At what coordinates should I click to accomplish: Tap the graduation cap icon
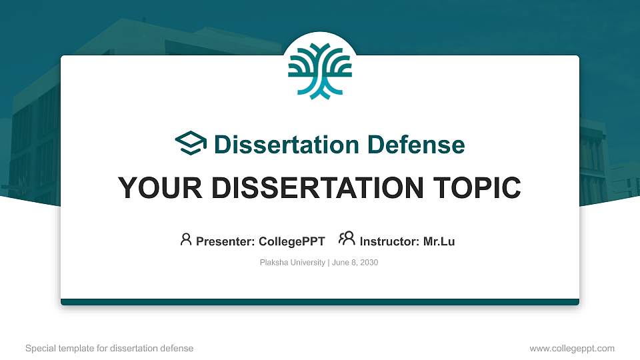coord(191,143)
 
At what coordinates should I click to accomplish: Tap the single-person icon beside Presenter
coord(186,239)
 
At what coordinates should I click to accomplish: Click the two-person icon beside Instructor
coord(347,239)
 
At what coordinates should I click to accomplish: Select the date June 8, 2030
coord(355,263)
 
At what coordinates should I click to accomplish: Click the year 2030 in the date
coord(369,263)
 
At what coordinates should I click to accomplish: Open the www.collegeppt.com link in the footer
coord(572,348)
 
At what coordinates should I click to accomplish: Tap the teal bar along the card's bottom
coord(320,302)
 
